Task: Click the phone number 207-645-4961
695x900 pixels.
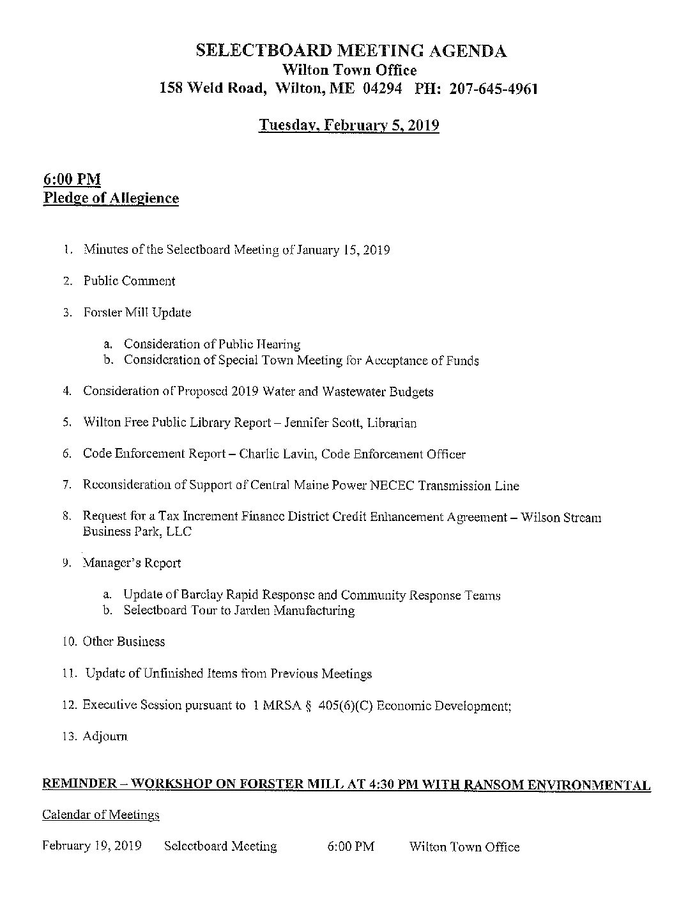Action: point(493,89)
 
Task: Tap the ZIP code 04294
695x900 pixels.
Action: point(382,89)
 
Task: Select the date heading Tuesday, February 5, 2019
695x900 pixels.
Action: point(349,125)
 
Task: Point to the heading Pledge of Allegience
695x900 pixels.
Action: point(111,198)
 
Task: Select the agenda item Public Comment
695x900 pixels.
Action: point(129,281)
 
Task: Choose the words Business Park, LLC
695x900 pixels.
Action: point(137,531)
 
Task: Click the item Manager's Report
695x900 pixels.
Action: point(132,563)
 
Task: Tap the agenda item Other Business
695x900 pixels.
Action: point(124,642)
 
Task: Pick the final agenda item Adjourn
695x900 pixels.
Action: point(105,736)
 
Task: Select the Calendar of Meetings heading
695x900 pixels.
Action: point(101,815)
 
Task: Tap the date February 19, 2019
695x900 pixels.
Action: point(91,846)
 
